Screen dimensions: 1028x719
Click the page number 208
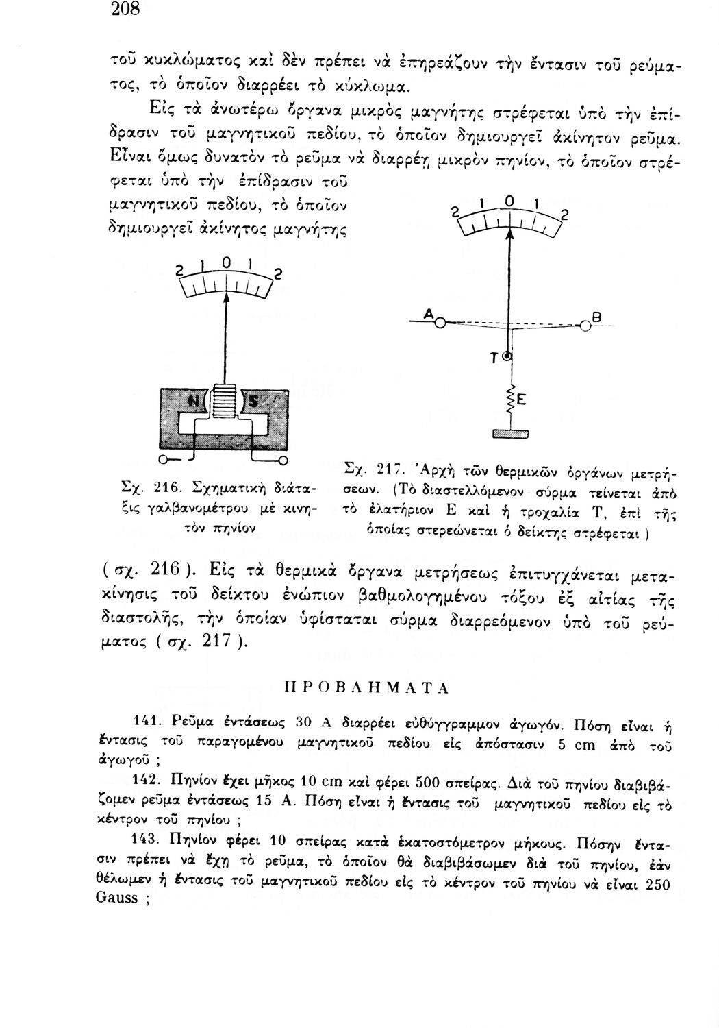pyautogui.click(x=125, y=10)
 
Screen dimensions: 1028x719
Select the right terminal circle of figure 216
pyautogui.click(x=283, y=458)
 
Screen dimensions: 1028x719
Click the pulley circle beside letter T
pyautogui.click(x=507, y=357)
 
